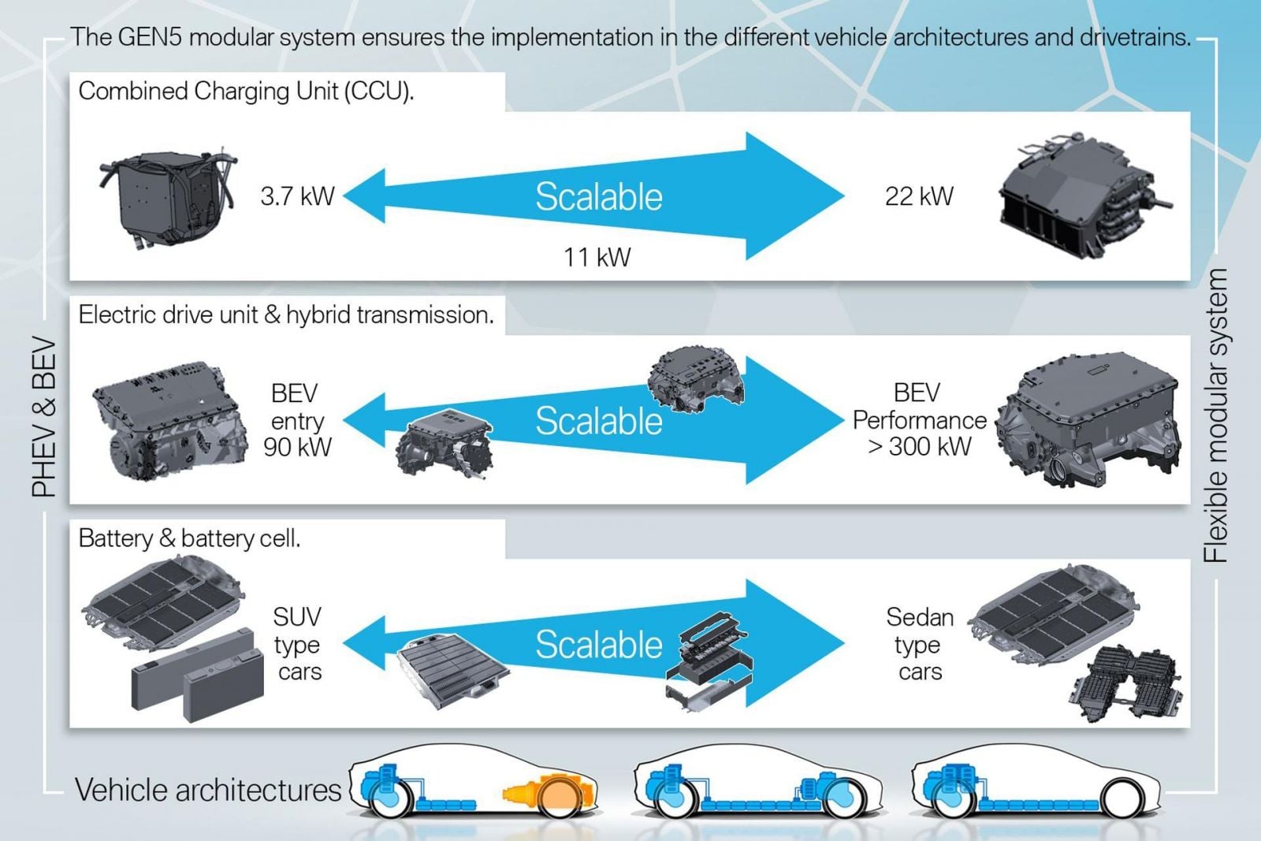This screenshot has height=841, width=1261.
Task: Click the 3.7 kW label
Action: click(297, 196)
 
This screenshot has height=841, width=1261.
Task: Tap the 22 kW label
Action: click(919, 196)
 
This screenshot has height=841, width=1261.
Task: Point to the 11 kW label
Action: click(597, 257)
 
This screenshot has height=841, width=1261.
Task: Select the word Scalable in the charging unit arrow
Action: click(599, 197)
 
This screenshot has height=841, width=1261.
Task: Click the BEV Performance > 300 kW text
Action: click(919, 420)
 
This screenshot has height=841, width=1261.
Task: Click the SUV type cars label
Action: click(297, 644)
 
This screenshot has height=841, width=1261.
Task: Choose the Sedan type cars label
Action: click(919, 644)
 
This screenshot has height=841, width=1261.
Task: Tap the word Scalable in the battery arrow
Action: click(599, 645)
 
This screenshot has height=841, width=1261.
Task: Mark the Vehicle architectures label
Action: click(208, 790)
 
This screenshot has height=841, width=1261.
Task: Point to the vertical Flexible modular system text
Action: click(1216, 415)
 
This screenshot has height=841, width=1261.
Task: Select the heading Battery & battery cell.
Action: click(189, 538)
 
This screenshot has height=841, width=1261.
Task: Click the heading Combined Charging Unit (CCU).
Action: click(246, 91)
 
